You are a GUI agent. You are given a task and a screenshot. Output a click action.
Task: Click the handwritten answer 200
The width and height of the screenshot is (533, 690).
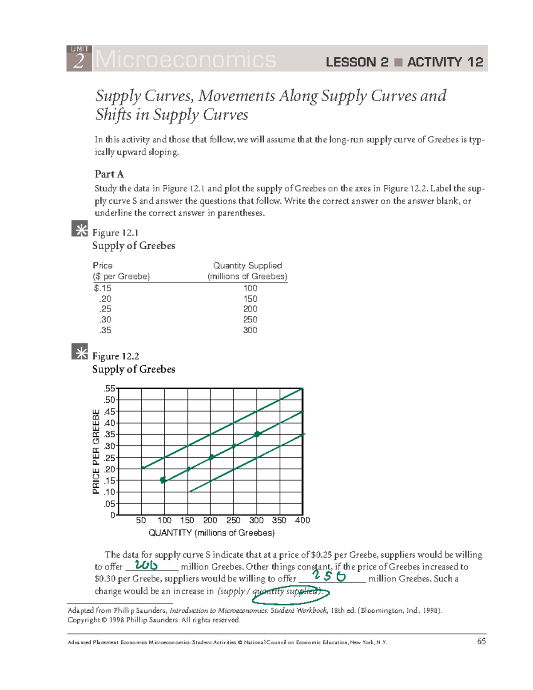tap(147, 565)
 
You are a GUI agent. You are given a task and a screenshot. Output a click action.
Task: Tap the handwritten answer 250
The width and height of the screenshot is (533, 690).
tap(329, 576)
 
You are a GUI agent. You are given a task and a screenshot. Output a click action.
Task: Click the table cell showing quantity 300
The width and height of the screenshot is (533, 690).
tap(250, 330)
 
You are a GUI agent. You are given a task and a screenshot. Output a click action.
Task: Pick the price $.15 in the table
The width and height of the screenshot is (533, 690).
tap(103, 288)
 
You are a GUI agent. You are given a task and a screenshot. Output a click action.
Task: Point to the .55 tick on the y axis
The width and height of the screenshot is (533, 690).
tap(109, 389)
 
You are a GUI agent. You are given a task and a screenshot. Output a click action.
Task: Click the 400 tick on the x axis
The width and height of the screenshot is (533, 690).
tap(302, 520)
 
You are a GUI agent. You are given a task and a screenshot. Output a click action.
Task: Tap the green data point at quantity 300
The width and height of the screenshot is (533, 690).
tap(257, 434)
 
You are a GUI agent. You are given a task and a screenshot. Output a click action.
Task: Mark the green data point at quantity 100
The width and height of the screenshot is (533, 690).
tap(163, 480)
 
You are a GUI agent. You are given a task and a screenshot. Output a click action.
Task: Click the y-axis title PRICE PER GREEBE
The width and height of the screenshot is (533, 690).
tap(96, 451)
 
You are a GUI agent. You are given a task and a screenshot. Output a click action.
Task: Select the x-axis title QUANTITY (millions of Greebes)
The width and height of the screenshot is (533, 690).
tap(211, 533)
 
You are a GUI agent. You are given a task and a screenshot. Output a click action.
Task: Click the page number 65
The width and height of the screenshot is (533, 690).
tap(481, 641)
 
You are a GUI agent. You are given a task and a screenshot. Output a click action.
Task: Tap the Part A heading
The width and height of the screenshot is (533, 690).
tap(109, 174)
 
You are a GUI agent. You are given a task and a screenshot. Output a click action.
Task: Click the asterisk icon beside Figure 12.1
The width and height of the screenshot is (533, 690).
tap(80, 229)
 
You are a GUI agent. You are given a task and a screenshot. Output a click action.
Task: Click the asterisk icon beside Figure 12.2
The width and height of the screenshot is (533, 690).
tap(80, 352)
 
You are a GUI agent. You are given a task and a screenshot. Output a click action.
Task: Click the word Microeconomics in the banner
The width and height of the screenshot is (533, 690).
tap(186, 60)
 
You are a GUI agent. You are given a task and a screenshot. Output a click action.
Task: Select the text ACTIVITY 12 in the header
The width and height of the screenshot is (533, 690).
tap(445, 62)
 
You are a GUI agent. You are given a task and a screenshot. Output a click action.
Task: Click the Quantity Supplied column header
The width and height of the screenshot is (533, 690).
tap(247, 266)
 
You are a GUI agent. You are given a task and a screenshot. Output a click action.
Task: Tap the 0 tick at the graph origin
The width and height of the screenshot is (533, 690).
tap(113, 515)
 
